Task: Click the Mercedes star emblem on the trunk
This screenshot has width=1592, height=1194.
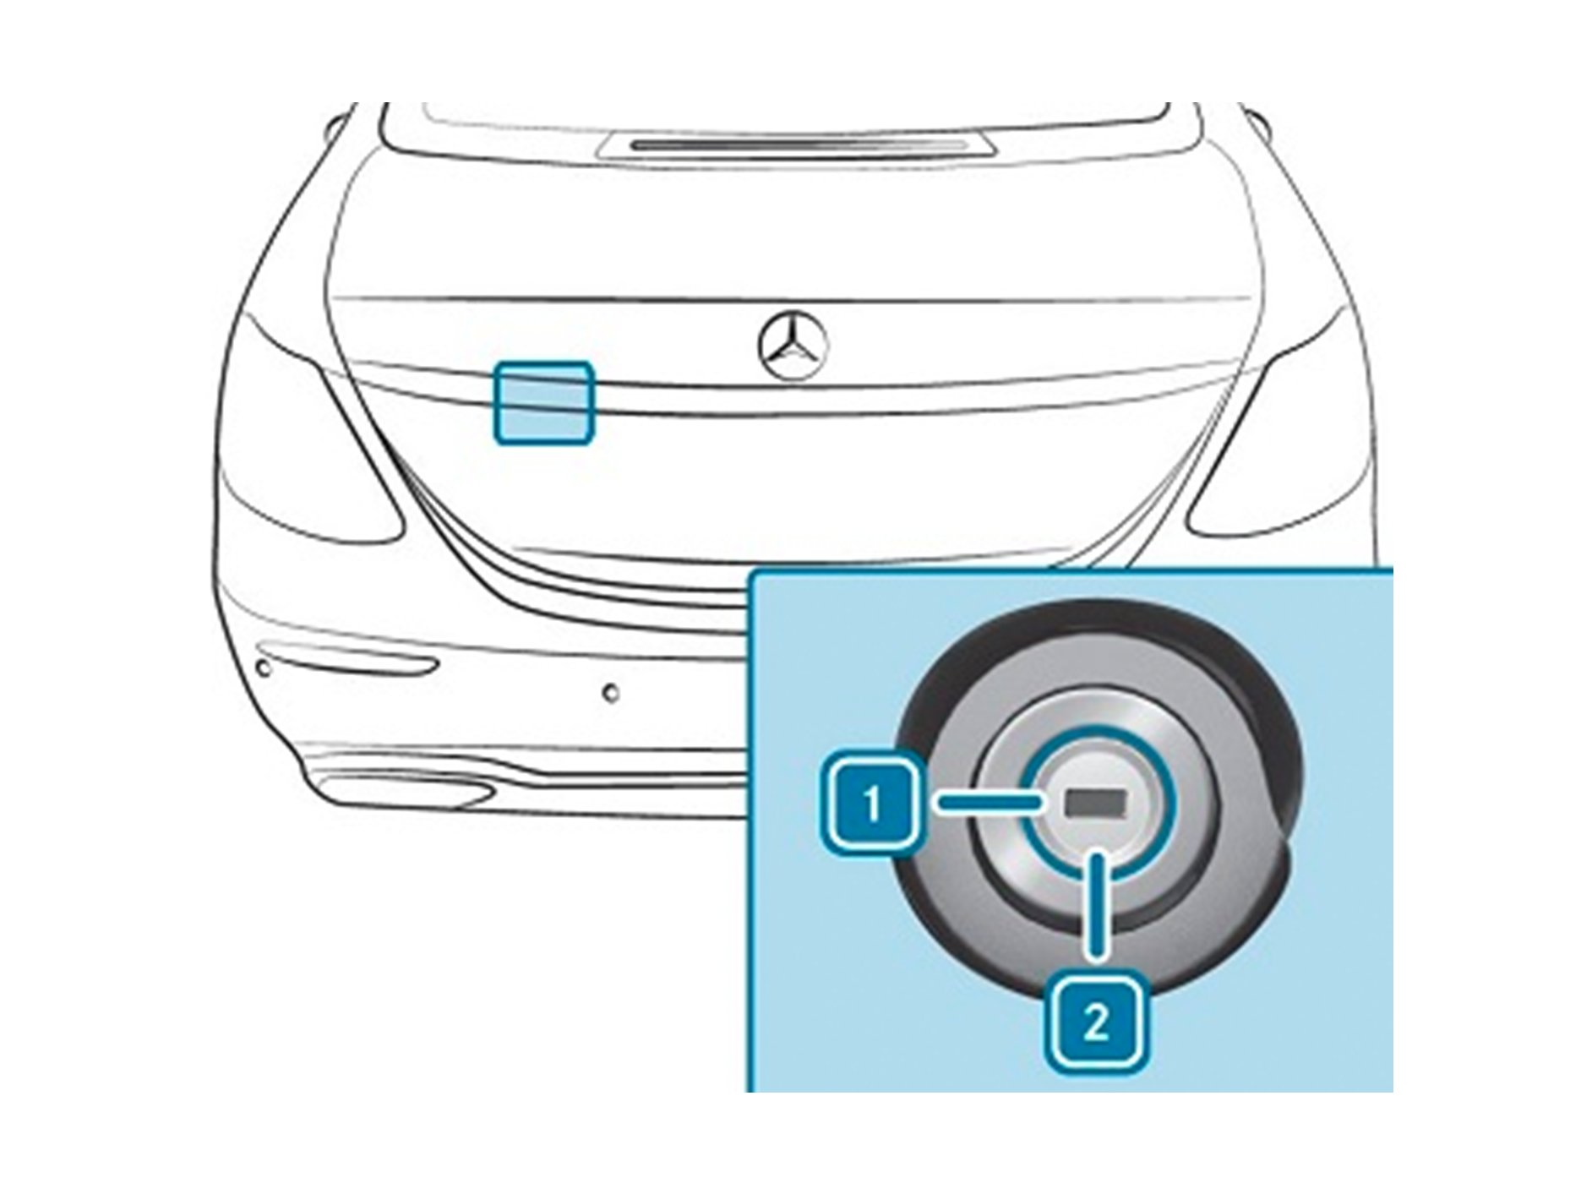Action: (793, 346)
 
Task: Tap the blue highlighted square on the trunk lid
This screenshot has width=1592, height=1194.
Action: (544, 402)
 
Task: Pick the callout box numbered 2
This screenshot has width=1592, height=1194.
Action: (1096, 1024)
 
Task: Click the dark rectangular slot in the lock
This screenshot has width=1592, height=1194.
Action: (1096, 802)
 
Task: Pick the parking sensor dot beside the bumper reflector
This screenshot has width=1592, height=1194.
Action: (264, 668)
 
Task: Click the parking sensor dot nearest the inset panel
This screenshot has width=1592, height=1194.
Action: (610, 694)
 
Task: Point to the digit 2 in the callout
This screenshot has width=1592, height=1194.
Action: (1096, 1025)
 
